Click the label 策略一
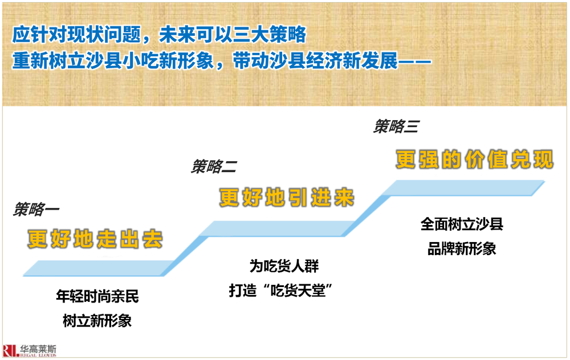click(x=36, y=209)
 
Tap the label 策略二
click(x=214, y=166)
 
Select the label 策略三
click(x=396, y=126)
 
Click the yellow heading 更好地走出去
click(x=95, y=239)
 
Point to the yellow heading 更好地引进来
click(x=287, y=198)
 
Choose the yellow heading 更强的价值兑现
click(x=475, y=159)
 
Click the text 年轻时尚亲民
click(x=97, y=296)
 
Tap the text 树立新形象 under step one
click(x=97, y=321)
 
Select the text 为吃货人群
click(x=284, y=266)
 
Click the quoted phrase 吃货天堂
click(x=298, y=291)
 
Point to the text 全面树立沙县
click(x=462, y=224)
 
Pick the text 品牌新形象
click(x=462, y=249)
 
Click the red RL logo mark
click(x=11, y=350)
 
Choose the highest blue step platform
click(x=463, y=188)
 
